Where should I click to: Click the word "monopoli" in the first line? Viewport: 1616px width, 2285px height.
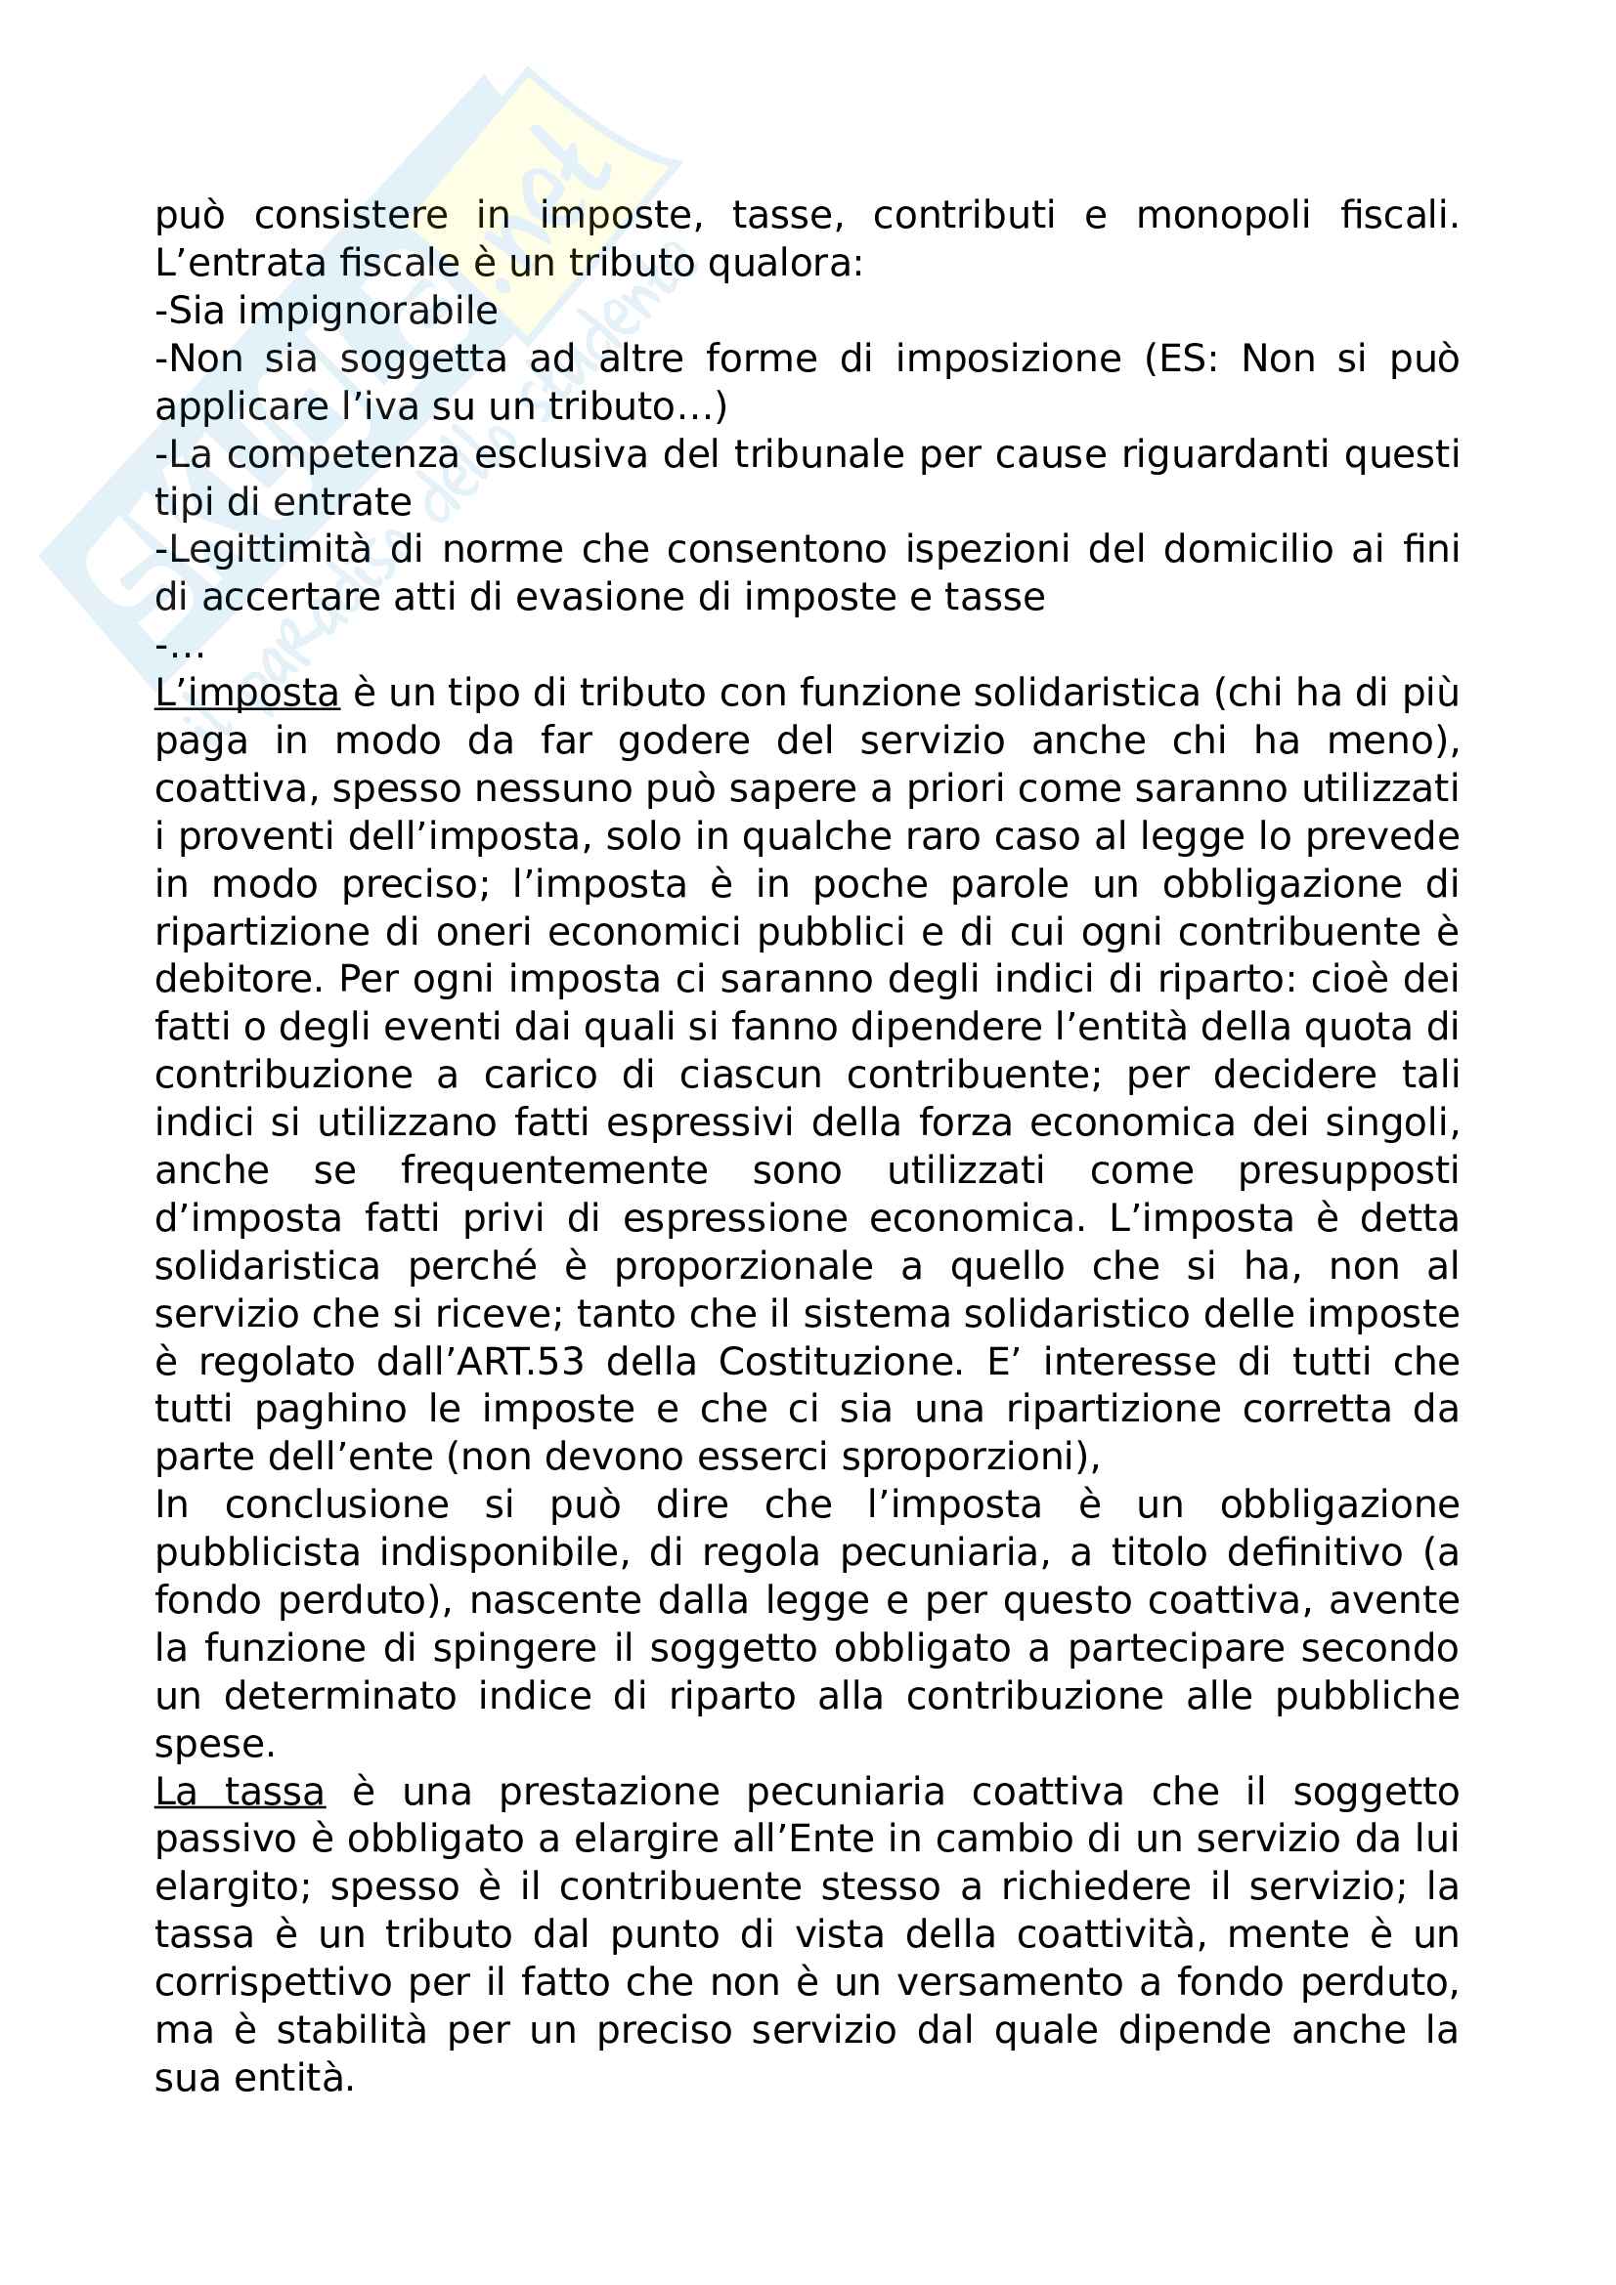[1223, 215]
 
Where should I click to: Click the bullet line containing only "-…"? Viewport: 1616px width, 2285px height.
[180, 646]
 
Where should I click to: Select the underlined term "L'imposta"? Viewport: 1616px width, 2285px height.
[247, 694]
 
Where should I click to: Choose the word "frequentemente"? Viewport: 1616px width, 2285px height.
[553, 1171]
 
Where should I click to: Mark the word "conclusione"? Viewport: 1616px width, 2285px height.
[336, 1505]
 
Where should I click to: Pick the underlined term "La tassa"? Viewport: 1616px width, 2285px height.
[240, 1793]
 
